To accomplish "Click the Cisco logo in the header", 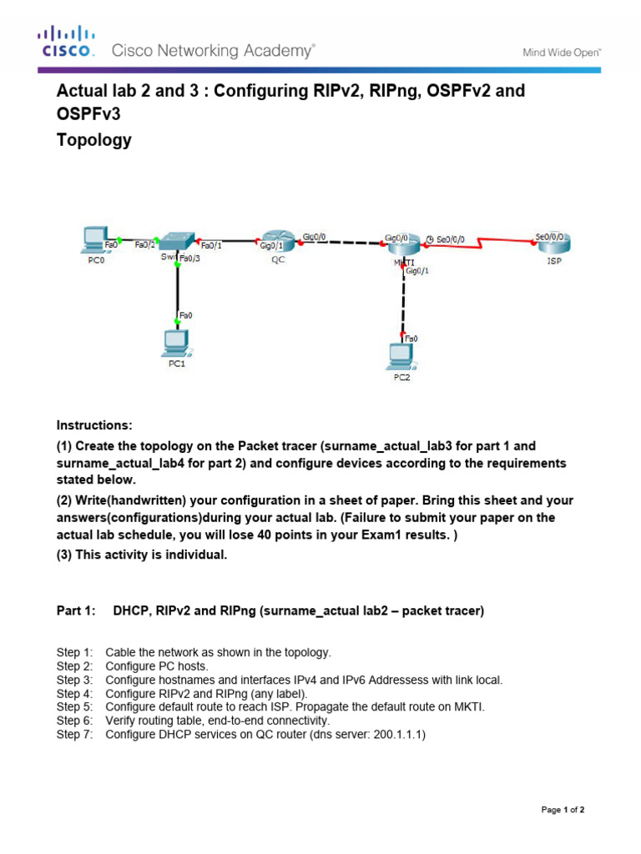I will point(67,42).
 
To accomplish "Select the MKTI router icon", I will point(402,245).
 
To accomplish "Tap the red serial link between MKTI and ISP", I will point(480,242).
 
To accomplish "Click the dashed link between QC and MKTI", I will point(342,243).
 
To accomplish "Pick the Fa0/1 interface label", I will point(212,245).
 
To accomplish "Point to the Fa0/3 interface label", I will point(189,259).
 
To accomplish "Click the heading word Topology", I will point(93,140).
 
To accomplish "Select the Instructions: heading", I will point(94,424).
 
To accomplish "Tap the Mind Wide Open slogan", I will point(562,53).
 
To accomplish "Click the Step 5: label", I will point(74,706).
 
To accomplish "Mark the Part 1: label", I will point(76,610).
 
